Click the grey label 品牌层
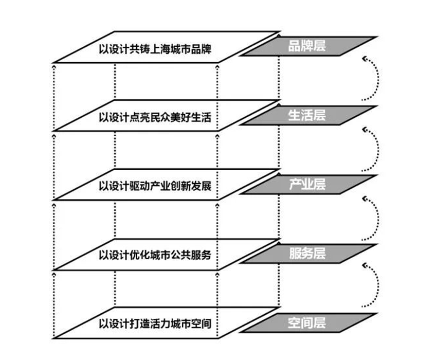[307, 46]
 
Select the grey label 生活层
[307, 115]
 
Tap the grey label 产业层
[307, 185]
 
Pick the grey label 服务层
[307, 254]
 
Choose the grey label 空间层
[307, 323]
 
